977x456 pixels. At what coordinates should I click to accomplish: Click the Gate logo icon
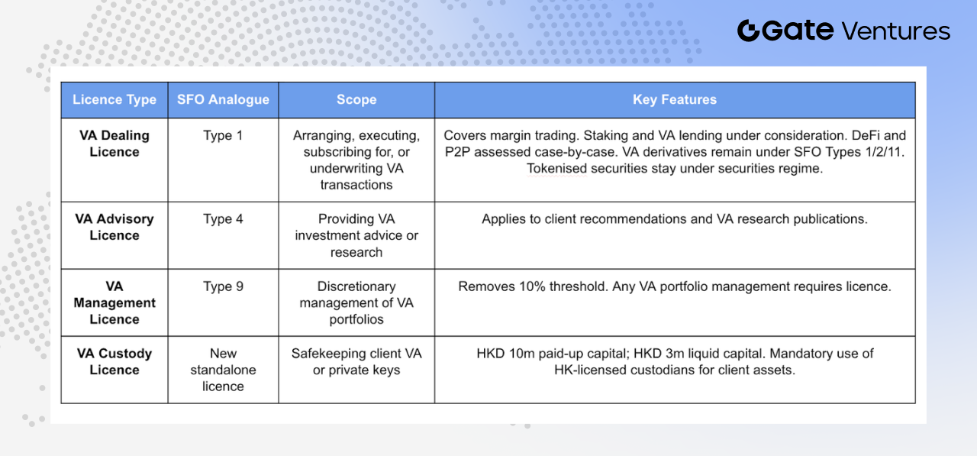pos(749,31)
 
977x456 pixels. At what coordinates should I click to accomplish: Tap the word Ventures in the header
pos(895,31)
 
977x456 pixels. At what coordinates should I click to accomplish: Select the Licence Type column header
pos(114,99)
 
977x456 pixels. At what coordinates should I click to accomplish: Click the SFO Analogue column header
pos(223,99)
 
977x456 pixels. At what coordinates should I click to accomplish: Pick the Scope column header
pos(356,99)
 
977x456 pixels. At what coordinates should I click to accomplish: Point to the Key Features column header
pos(675,99)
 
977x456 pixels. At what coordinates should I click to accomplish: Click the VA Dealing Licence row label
pos(114,144)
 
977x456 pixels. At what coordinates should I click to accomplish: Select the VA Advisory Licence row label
pos(114,227)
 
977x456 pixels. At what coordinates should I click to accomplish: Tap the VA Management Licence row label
pos(114,302)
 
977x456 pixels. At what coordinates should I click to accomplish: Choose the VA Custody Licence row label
pos(114,361)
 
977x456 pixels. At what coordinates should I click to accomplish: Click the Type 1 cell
pos(223,135)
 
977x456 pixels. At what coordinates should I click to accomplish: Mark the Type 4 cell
pos(223,218)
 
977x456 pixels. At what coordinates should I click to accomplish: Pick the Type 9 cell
pos(223,286)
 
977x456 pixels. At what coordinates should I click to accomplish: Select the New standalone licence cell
pos(223,370)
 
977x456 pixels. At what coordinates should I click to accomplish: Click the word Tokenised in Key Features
pos(556,169)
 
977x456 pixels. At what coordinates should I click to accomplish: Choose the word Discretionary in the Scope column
pos(356,286)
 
